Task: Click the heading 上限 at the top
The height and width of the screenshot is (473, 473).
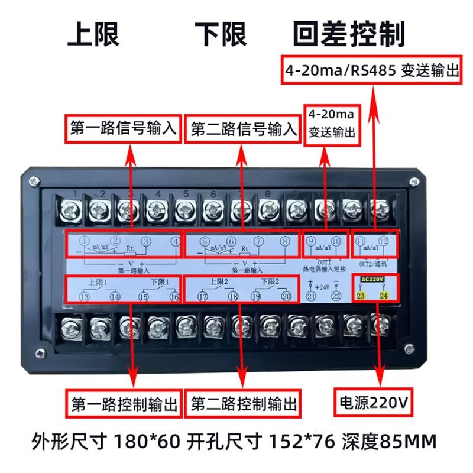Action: [93, 34]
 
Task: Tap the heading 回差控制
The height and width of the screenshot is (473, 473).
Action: [349, 34]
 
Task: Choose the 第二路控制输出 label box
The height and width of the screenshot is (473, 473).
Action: [244, 404]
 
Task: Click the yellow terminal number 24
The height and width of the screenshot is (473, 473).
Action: [383, 294]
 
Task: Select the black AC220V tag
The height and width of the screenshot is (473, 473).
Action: [372, 278]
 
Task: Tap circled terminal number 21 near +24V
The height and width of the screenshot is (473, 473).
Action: [310, 296]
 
